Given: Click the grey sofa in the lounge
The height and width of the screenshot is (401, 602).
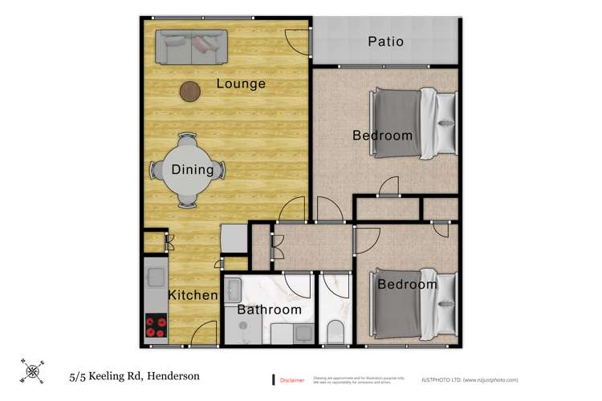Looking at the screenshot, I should click(x=192, y=47).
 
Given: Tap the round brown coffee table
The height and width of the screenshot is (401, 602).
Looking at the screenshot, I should click(x=190, y=92).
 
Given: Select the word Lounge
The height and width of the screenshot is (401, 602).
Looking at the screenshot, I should click(x=241, y=83).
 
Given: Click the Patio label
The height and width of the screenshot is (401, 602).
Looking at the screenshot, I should click(x=385, y=42).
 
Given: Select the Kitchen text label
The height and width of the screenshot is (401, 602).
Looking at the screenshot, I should click(x=193, y=295).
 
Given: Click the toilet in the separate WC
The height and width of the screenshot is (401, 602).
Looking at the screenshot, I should click(x=336, y=330).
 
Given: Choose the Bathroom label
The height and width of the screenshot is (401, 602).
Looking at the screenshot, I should click(x=269, y=310).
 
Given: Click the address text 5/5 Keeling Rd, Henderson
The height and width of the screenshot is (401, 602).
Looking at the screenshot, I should click(x=133, y=375).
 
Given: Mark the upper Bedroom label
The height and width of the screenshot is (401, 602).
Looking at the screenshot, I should click(x=383, y=135).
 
